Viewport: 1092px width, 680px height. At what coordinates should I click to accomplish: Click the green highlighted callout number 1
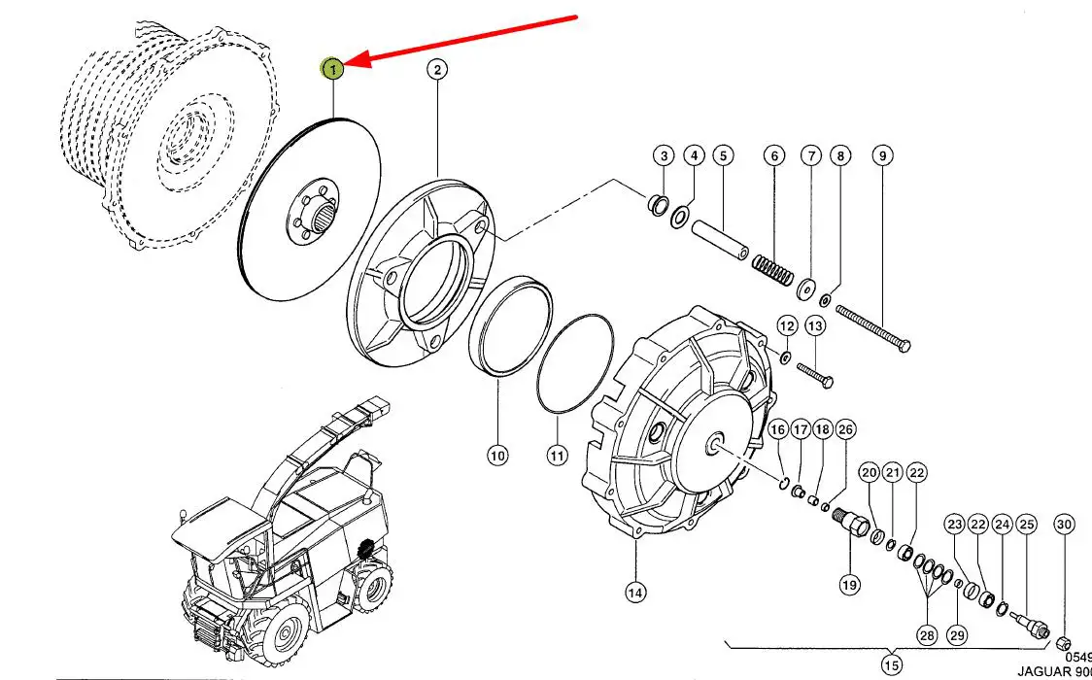pos(333,69)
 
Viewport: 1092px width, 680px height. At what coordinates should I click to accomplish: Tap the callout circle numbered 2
pos(436,69)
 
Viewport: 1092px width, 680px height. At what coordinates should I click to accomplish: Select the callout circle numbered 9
pos(882,155)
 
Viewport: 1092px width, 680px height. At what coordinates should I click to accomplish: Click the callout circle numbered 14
pos(635,590)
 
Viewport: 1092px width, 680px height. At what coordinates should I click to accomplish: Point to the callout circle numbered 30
pos(1065,525)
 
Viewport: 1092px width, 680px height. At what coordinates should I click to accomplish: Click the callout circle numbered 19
pos(850,585)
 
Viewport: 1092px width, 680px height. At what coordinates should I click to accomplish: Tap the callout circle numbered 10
pos(497,454)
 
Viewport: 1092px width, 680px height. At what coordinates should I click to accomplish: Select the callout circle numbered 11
pos(557,454)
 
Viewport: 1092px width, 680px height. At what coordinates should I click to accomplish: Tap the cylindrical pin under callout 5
pos(719,242)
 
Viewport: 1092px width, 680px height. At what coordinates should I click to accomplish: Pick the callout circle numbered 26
pos(845,429)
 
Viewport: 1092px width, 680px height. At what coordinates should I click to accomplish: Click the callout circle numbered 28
pos(927,635)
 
